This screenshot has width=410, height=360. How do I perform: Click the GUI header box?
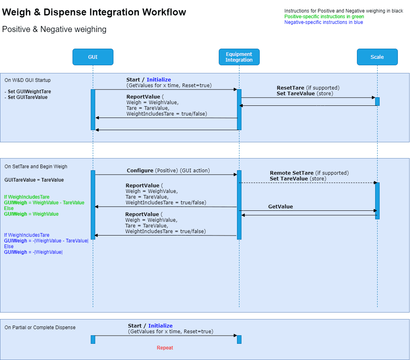click(x=93, y=57)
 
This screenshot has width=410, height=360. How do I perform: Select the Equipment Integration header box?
click(x=239, y=57)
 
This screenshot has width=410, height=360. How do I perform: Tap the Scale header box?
click(x=377, y=57)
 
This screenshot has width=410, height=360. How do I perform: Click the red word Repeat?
click(x=165, y=348)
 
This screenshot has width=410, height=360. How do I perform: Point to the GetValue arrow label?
click(x=280, y=207)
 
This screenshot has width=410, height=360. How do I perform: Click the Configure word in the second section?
click(x=140, y=171)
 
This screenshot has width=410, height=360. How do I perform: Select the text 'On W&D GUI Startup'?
click(x=28, y=80)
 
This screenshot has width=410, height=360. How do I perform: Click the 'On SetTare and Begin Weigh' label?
click(x=36, y=167)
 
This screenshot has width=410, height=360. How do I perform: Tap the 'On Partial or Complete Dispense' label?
click(x=40, y=328)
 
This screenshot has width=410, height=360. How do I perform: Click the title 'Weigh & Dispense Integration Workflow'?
click(x=94, y=12)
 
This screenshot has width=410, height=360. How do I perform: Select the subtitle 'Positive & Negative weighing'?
click(x=54, y=29)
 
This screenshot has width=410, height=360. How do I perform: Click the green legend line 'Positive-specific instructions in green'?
click(x=324, y=17)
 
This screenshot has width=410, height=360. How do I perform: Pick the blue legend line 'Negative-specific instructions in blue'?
click(x=324, y=22)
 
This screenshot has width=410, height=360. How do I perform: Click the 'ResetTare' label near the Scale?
click(x=290, y=88)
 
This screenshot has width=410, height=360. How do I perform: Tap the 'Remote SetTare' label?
click(x=292, y=173)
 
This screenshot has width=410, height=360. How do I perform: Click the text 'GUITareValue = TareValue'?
click(x=34, y=180)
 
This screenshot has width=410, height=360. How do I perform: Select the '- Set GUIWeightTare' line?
click(x=28, y=92)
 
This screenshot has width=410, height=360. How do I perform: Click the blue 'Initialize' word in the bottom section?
click(x=160, y=326)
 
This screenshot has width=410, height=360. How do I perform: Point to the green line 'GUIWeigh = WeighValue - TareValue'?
click(x=44, y=203)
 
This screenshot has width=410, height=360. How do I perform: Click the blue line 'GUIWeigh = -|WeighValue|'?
click(x=33, y=252)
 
